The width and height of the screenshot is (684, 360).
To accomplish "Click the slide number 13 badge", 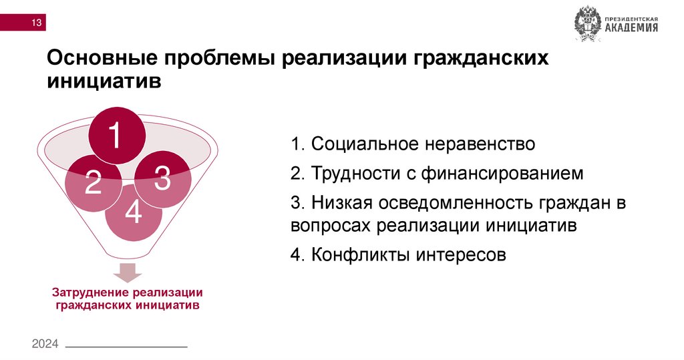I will [x=35, y=24].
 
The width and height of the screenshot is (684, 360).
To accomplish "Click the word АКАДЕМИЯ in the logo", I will [x=631, y=28].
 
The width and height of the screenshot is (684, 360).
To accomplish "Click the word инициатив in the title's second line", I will [x=104, y=83].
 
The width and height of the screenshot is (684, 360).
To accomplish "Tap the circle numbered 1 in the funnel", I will [x=116, y=136].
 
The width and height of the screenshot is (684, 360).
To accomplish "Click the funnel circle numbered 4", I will [x=134, y=212].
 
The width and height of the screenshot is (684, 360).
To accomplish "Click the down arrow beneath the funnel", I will [x=127, y=273].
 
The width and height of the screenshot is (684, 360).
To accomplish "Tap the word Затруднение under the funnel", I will [x=90, y=293].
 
